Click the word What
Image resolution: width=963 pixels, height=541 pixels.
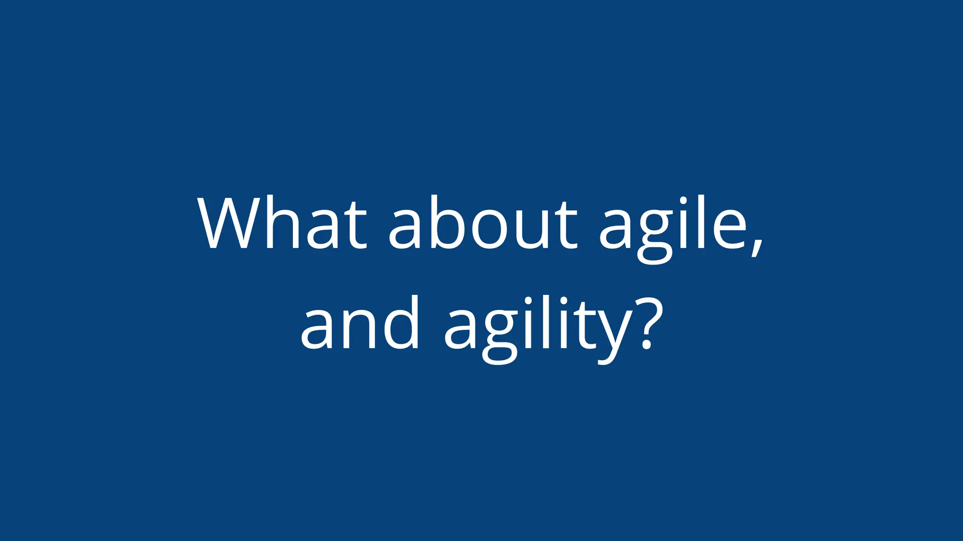pyautogui.click(x=282, y=223)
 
